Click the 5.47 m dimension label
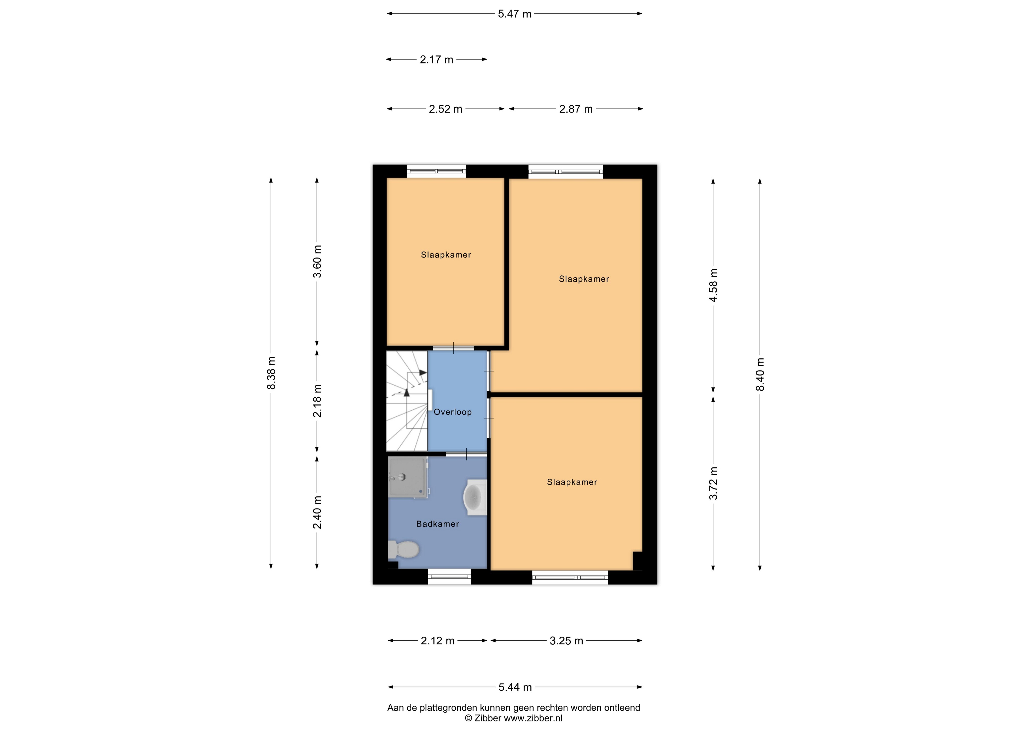tap(515, 14)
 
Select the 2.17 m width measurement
tap(436, 60)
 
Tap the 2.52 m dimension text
tap(445, 109)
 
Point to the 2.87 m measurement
tap(576, 109)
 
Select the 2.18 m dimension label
tap(317, 400)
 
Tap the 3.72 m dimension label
tap(713, 484)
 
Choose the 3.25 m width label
tap(566, 640)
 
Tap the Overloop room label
tap(453, 412)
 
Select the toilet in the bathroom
tap(403, 549)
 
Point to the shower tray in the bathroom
tap(408, 477)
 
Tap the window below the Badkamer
tap(449, 577)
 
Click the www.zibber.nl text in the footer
tap(533, 718)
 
